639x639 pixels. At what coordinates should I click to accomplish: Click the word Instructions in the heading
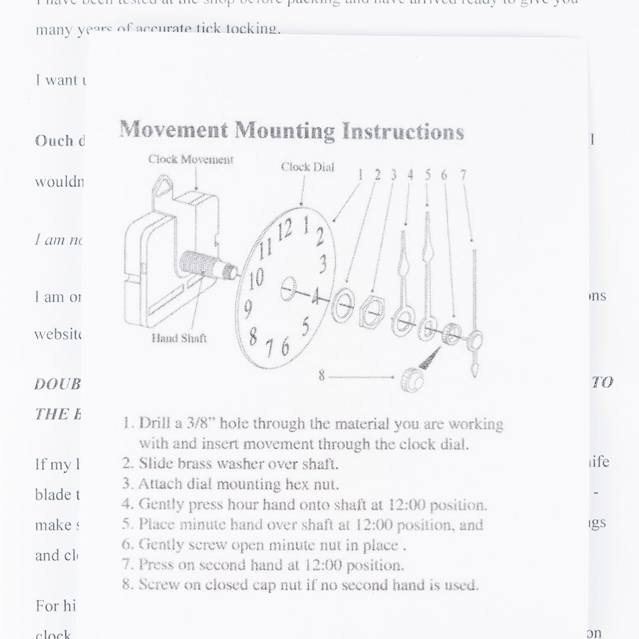point(403,131)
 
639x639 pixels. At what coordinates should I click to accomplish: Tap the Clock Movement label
point(191,160)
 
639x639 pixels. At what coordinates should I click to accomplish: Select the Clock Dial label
point(307,167)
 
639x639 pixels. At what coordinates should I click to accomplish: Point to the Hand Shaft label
point(179,338)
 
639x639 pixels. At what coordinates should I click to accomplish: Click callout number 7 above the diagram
point(463,175)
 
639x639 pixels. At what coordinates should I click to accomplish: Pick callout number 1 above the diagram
point(359,175)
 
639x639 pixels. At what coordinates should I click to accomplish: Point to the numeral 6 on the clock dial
point(285,347)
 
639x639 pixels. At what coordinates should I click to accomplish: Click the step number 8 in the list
point(127,585)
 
